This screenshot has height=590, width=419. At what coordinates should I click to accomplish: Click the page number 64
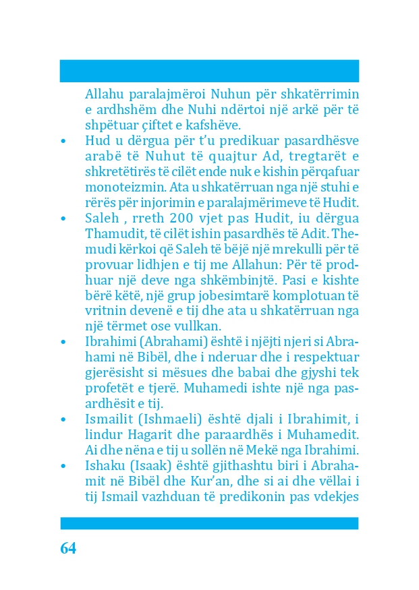[68, 548]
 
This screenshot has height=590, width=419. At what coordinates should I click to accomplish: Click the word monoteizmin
[115, 187]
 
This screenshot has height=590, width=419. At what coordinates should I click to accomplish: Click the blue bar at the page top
[209, 71]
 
